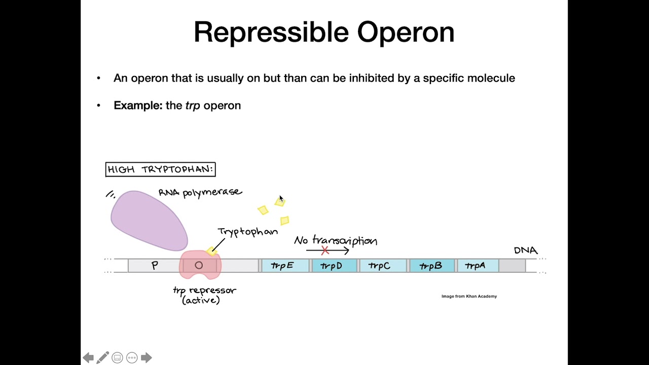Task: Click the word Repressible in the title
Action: pyautogui.click(x=271, y=32)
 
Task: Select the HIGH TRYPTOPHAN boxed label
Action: pyautogui.click(x=160, y=169)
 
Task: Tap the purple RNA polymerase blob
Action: pyautogui.click(x=148, y=221)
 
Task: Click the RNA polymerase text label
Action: pyautogui.click(x=200, y=193)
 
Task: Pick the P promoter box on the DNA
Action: pyautogui.click(x=155, y=265)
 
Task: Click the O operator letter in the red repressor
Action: pyautogui.click(x=199, y=265)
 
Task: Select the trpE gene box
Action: pyautogui.click(x=285, y=266)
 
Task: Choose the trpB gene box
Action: pyautogui.click(x=431, y=266)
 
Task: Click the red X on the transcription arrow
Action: pyautogui.click(x=325, y=250)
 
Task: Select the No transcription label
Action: pyautogui.click(x=336, y=240)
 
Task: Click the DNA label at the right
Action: pyautogui.click(x=525, y=250)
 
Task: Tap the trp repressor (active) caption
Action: pyautogui.click(x=204, y=295)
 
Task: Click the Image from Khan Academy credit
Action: pyautogui.click(x=469, y=296)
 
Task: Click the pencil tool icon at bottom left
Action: pyautogui.click(x=102, y=358)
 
